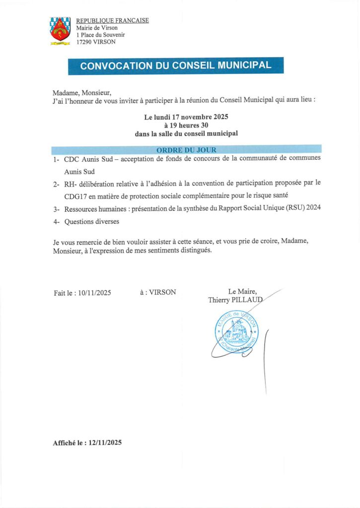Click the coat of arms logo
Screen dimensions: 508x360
pos(60,31)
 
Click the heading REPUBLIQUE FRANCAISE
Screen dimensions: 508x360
pos(112,21)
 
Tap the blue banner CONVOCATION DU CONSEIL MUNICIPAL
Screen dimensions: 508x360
pos(176,66)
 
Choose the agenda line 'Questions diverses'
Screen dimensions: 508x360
pos(92,222)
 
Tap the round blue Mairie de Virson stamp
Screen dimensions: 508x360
pos(238,331)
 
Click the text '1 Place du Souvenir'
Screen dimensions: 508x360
pos(100,35)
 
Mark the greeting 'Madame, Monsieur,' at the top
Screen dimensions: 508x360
pos(82,93)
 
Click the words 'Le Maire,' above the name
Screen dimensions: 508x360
pos(242,292)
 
